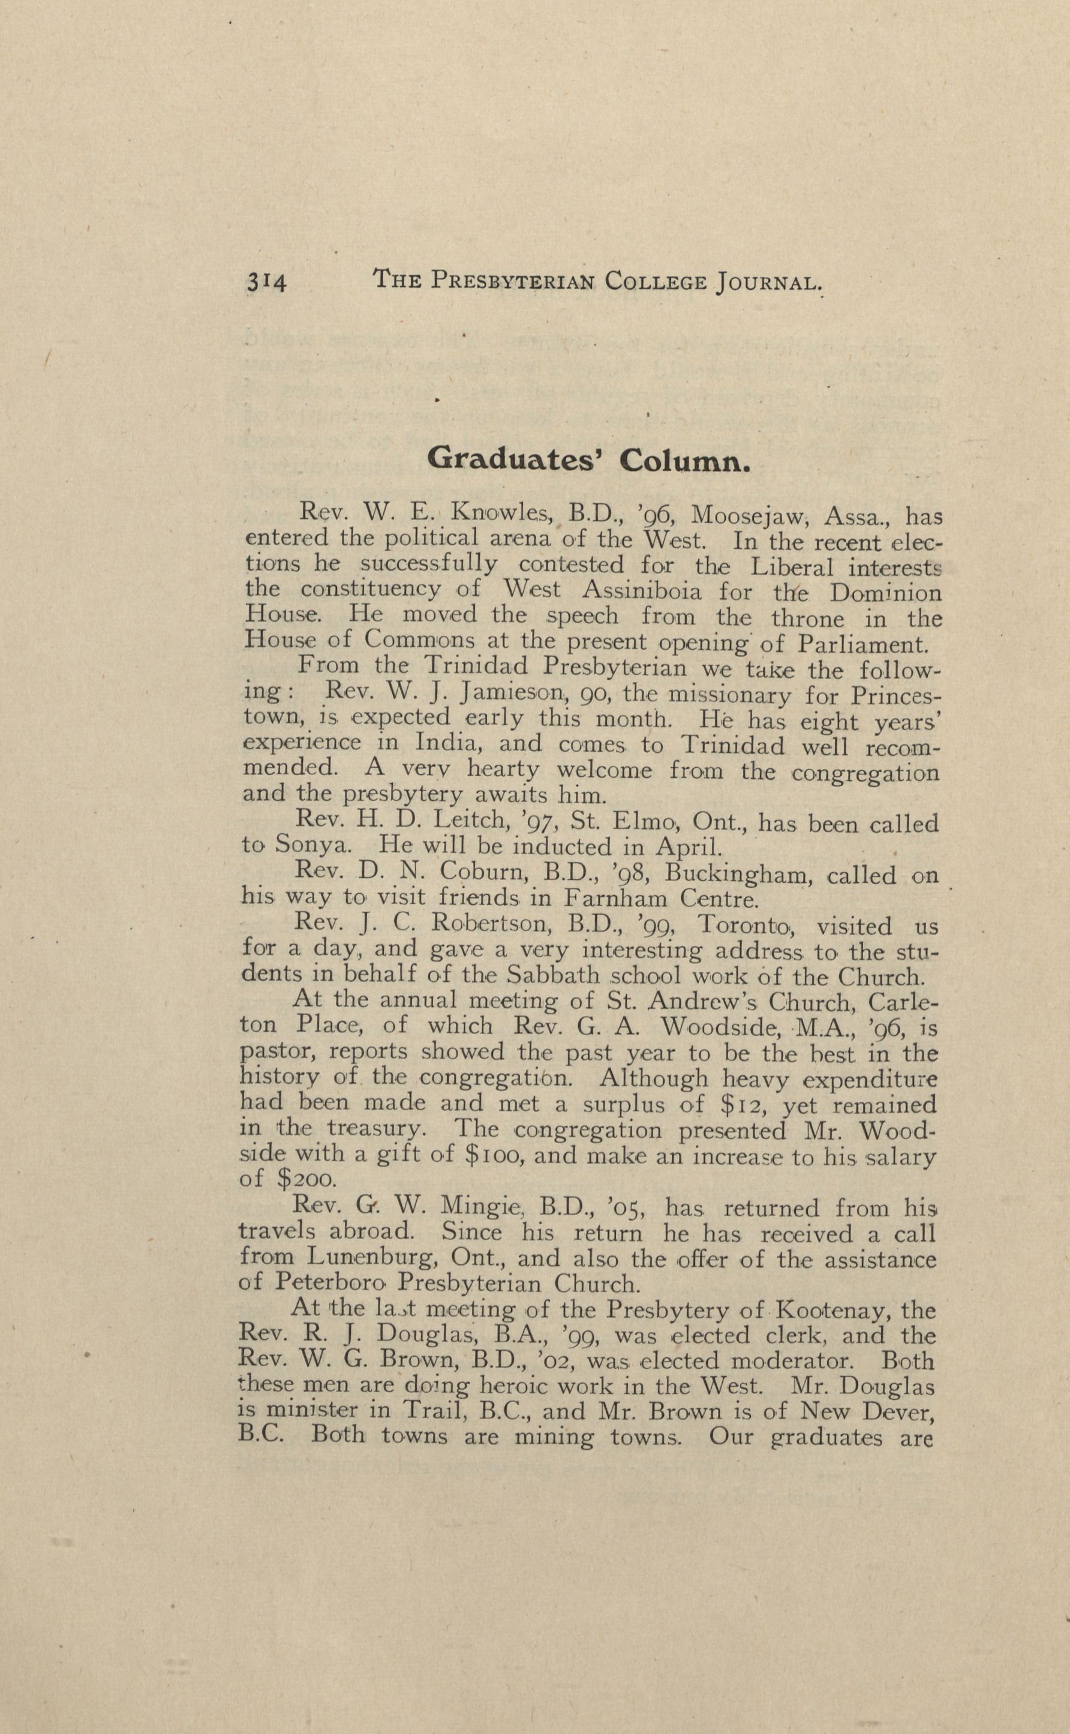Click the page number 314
(x=266, y=283)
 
